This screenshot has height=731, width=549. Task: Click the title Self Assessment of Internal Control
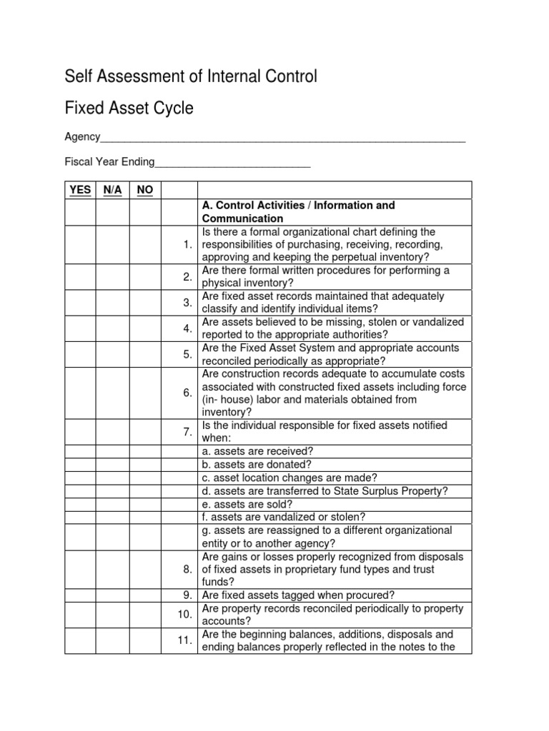click(191, 76)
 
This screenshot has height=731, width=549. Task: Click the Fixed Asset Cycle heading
click(129, 109)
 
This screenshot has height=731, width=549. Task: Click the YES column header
click(80, 189)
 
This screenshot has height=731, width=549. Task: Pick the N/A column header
click(112, 189)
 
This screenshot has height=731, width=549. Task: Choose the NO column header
click(145, 189)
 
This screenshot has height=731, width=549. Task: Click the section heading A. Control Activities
click(299, 212)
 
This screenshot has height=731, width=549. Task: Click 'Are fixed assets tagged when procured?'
click(298, 595)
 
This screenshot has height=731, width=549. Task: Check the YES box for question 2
click(80, 277)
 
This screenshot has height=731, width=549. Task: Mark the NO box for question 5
click(145, 355)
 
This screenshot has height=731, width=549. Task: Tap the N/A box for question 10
click(112, 615)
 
